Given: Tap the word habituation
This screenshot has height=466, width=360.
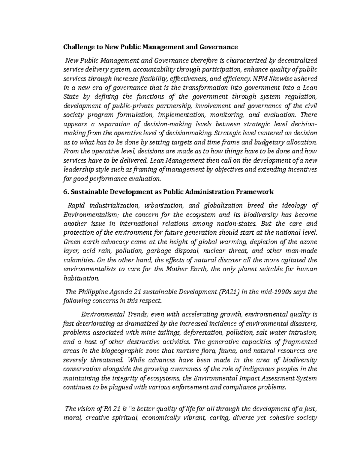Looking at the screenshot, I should tap(81, 278).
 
